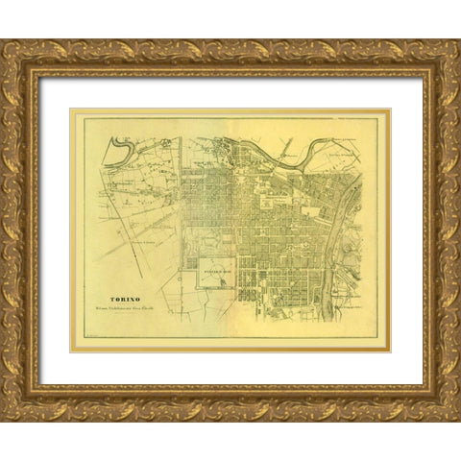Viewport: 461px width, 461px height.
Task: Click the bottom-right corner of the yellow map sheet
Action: click(390, 351)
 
